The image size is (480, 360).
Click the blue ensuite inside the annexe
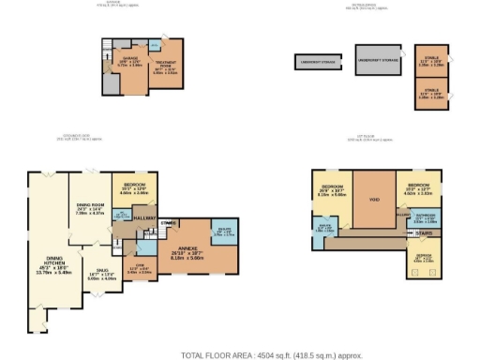(x=225, y=231)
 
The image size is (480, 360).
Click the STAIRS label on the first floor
(x=424, y=233)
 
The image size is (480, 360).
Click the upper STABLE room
(x=429, y=63)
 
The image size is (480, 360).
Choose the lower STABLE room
(x=429, y=93)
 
